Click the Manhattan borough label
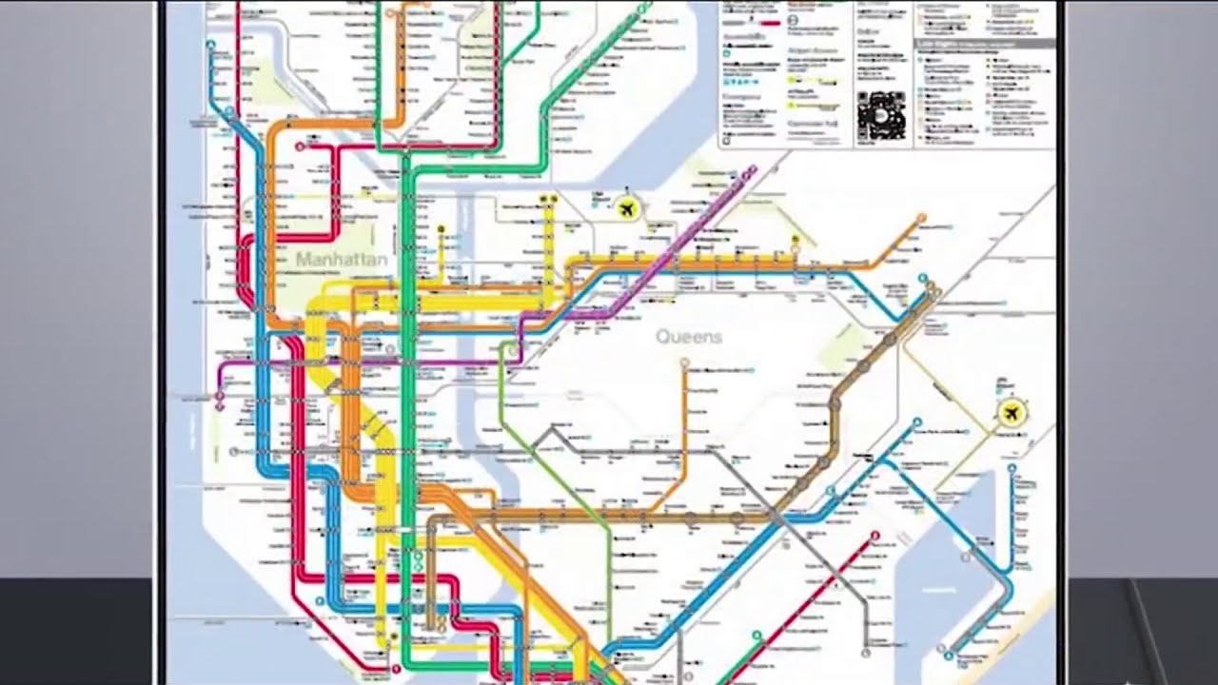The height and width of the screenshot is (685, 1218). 341,259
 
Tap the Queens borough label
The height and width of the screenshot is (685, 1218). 688,336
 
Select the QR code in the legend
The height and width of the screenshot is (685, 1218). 880,115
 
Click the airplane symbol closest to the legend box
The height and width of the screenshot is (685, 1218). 626,206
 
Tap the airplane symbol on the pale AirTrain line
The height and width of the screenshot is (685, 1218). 1012,412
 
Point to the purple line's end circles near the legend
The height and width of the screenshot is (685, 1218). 752,171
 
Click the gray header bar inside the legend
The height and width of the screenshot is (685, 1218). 984,44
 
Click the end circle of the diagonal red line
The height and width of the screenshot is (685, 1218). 875,536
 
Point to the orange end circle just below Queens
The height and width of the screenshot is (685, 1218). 683,362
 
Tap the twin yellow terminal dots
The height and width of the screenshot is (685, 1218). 548,198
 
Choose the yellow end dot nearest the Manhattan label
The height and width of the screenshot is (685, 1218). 442,228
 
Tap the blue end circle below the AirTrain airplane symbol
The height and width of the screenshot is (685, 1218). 1012,468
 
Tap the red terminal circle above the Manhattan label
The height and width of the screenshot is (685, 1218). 300,147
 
